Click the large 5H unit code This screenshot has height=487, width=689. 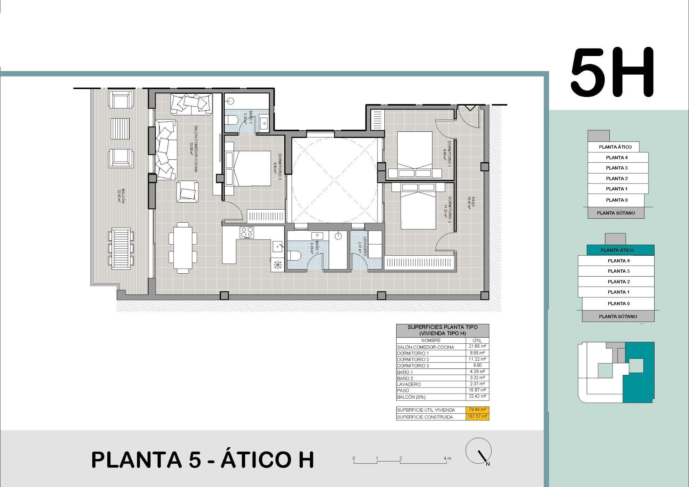coord(612,73)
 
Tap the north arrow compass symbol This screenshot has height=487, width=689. coord(478,451)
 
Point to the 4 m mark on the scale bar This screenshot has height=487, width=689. coord(447,459)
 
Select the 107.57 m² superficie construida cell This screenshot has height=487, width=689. coord(477,417)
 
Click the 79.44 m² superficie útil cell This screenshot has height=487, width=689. coord(477,410)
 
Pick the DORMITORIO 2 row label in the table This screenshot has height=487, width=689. coord(413,360)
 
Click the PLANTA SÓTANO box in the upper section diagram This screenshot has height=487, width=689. coord(616,213)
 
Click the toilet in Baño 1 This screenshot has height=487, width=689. coord(294,256)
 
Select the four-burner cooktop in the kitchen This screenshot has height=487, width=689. coord(247,232)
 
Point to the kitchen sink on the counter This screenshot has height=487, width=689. coord(278,246)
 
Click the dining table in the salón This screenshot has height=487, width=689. coord(183,248)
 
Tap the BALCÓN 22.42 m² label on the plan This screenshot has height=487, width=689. coord(121,196)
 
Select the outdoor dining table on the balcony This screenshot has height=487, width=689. coord(121,248)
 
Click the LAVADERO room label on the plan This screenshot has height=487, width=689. coord(362,246)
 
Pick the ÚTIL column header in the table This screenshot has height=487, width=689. coord(477,340)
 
